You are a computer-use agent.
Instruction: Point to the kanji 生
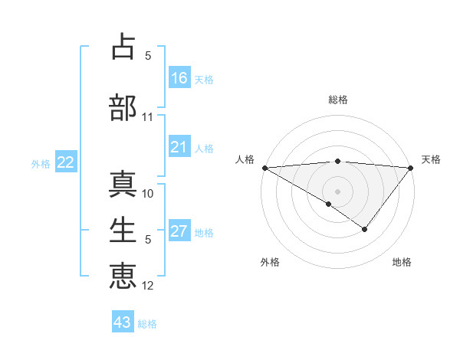point(123,229)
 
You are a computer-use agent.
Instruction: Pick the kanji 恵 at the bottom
point(123,275)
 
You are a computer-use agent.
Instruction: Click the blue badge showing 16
point(179,78)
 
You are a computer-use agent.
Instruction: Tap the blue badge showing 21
point(179,147)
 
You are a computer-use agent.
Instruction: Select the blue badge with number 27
point(179,232)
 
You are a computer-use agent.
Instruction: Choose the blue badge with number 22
point(66,162)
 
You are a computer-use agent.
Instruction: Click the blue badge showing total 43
point(123,322)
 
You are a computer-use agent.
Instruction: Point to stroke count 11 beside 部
point(148,117)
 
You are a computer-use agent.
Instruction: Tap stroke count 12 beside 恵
point(148,286)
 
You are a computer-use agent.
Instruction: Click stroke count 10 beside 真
point(148,194)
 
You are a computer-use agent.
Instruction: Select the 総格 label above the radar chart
point(337,100)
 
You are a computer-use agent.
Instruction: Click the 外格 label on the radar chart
point(270,262)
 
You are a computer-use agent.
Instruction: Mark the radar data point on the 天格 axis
point(411,168)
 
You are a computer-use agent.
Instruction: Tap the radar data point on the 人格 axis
point(264,168)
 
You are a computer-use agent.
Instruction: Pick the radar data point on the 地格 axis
point(365,229)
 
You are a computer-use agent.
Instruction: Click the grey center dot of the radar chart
point(337,191)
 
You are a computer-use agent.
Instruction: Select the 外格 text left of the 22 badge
point(41,163)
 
